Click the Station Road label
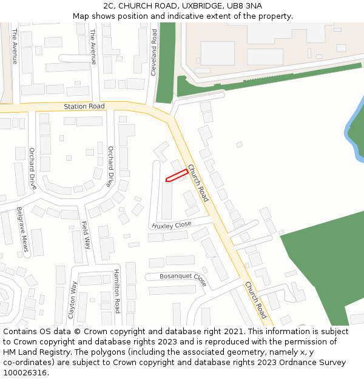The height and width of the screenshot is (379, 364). [84, 107]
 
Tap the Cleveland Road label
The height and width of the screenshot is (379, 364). [154, 53]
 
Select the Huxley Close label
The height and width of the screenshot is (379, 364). [172, 225]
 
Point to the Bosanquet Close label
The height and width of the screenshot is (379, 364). [183, 280]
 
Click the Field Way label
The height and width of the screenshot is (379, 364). [86, 235]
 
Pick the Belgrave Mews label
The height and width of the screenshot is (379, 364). [22, 229]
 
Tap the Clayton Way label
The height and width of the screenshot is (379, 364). [72, 300]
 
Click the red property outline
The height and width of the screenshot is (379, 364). [176, 175]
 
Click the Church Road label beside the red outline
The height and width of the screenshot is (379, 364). [198, 183]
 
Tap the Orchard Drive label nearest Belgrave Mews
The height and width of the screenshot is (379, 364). [32, 168]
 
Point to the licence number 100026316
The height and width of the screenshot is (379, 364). [25, 372]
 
